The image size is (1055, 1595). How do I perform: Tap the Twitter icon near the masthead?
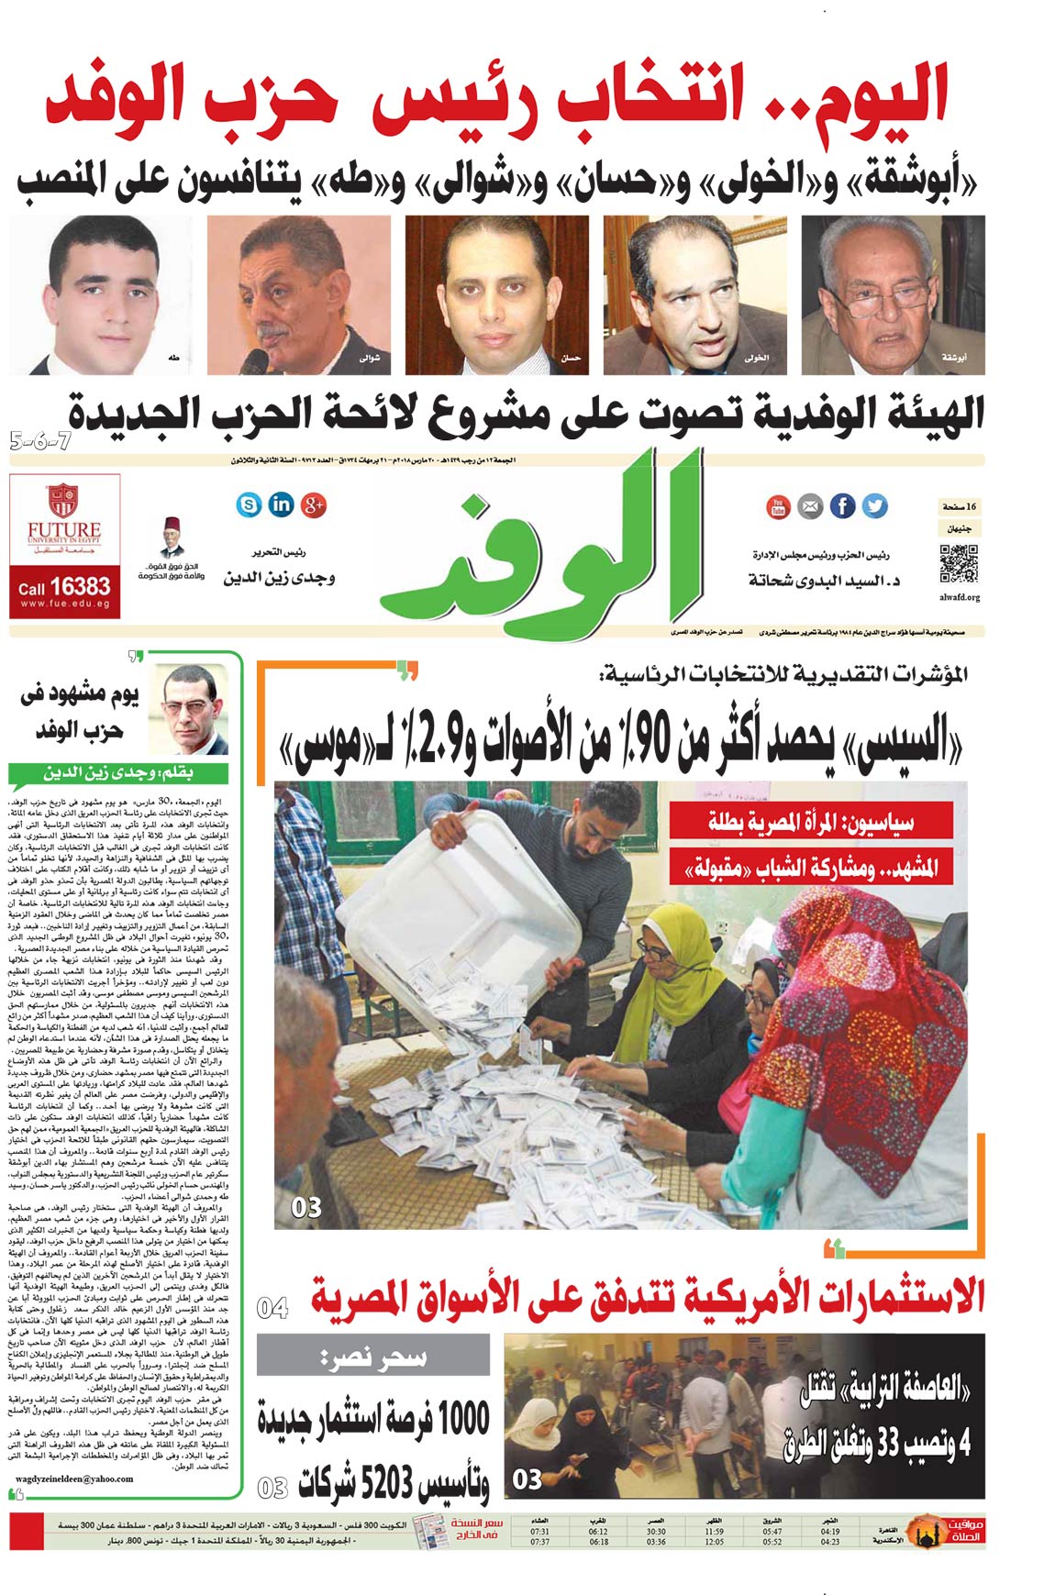click(x=874, y=505)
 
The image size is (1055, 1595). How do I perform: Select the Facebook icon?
click(x=842, y=505)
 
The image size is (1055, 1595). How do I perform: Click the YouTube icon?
click(x=778, y=505)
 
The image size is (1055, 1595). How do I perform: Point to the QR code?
click(x=959, y=564)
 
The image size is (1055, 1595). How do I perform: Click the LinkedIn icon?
click(x=281, y=504)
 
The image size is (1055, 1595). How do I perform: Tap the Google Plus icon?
click(x=314, y=504)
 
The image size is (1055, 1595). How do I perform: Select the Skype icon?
click(x=249, y=504)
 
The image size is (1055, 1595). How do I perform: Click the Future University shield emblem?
click(x=63, y=500)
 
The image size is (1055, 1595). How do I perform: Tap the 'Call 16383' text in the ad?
click(x=64, y=586)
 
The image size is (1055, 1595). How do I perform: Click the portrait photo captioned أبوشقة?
click(x=893, y=294)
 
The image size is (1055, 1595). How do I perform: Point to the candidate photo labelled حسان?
click(x=496, y=294)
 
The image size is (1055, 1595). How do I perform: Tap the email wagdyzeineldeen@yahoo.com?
click(x=75, y=1479)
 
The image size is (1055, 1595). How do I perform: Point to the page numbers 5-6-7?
click(x=41, y=439)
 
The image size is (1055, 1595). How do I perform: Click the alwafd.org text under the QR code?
click(x=960, y=597)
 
